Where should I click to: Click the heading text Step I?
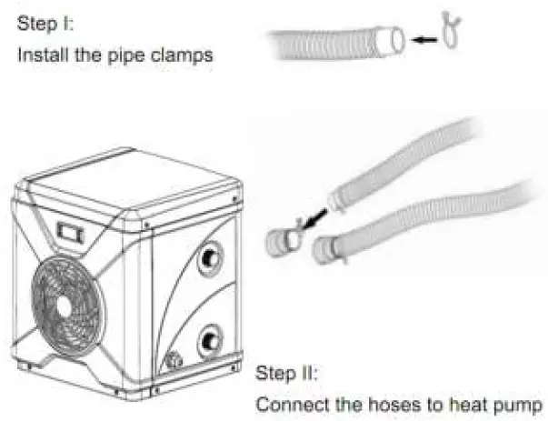(x=41, y=23)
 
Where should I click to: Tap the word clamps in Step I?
(x=186, y=55)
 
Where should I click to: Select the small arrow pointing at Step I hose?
(x=423, y=39)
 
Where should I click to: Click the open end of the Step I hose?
(x=396, y=40)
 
